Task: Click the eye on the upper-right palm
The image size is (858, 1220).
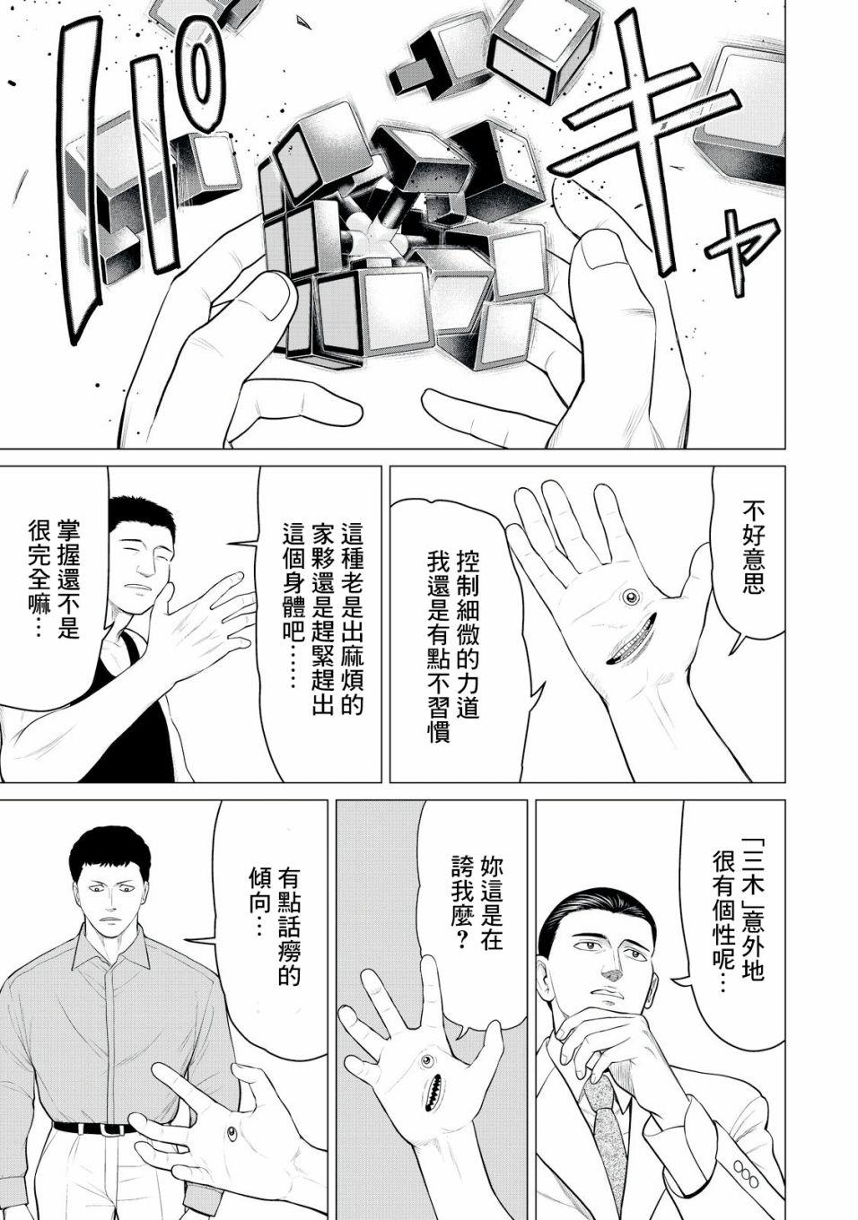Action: click(x=631, y=598)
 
